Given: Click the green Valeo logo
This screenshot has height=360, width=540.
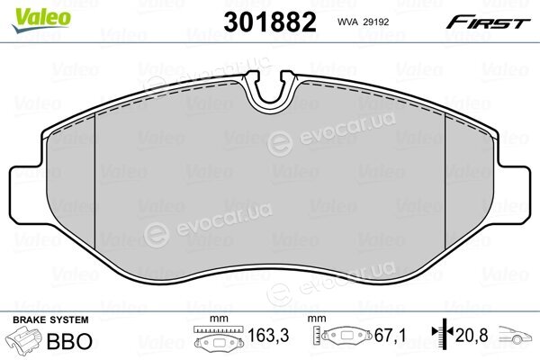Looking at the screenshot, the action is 41,20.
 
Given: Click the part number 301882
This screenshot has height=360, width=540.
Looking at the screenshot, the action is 270,22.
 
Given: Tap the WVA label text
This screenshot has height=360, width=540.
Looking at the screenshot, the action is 347,22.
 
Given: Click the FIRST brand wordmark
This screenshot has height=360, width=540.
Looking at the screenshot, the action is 488,22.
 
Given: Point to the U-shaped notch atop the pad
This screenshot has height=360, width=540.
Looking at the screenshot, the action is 270,91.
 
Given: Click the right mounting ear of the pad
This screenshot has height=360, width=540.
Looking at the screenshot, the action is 512,194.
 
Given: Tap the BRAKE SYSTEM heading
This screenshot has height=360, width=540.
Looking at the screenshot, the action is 50,320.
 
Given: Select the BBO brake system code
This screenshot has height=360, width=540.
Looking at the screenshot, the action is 69,341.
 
